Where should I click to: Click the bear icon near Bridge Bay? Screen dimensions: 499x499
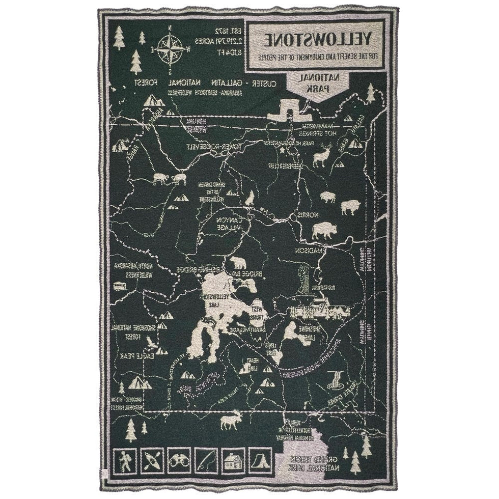[237, 264]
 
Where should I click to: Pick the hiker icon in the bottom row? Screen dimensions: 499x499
[125, 463]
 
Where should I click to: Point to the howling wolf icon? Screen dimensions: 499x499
[249, 197]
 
